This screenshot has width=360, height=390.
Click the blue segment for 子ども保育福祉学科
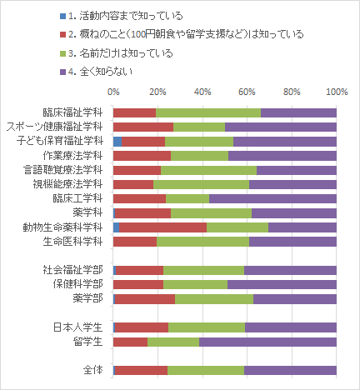pyautogui.click(x=117, y=142)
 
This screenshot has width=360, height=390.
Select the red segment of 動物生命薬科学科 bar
pyautogui.click(x=163, y=227)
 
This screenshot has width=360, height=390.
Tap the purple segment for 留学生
pyautogui.click(x=267, y=342)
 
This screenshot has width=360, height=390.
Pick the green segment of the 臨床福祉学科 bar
pyautogui.click(x=208, y=113)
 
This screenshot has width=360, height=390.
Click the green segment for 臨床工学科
pyautogui.click(x=187, y=199)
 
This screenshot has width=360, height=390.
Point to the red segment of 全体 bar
pyautogui.click(x=141, y=371)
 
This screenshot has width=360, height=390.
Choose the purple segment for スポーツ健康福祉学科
pyautogui.click(x=281, y=127)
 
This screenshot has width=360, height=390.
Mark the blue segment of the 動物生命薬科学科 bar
pyautogui.click(x=117, y=227)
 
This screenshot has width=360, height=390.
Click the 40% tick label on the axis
pyautogui.click(x=202, y=92)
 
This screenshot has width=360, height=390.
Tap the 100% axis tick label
pyautogui.click(x=337, y=92)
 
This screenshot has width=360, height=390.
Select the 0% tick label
pyautogui.click(x=113, y=92)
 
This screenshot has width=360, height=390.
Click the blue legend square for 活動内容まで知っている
pyautogui.click(x=63, y=16)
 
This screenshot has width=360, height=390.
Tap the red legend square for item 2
pyautogui.click(x=63, y=35)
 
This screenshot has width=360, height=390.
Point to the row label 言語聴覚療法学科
pyautogui.click(x=63, y=170)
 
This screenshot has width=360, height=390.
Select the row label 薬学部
pyautogui.click(x=87, y=299)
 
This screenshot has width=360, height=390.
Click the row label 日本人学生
pyautogui.click(x=77, y=327)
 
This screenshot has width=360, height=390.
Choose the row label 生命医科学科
pyautogui.click(x=72, y=242)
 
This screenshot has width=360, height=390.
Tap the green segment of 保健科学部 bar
pyautogui.click(x=195, y=285)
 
